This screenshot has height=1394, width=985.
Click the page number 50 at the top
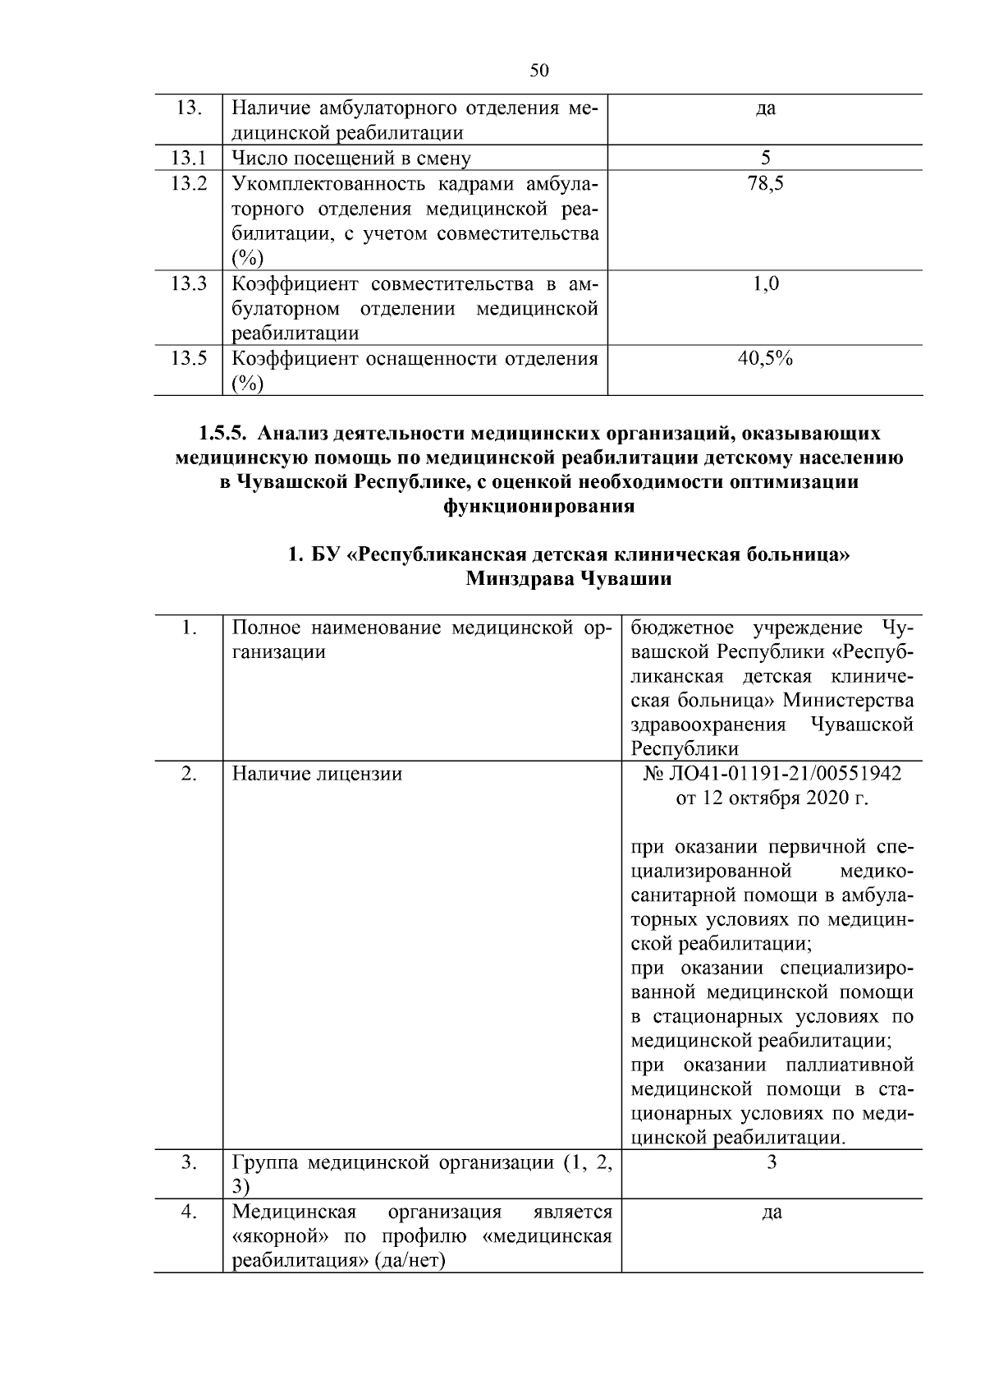(539, 71)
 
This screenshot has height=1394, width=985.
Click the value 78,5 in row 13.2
(765, 184)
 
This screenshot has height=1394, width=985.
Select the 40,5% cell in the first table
(765, 358)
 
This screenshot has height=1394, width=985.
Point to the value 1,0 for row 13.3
(765, 284)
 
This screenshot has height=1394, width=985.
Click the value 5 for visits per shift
(765, 158)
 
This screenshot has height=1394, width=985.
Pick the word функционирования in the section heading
(539, 506)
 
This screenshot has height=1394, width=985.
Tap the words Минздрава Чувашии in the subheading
(568, 579)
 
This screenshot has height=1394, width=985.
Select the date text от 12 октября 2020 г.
(772, 798)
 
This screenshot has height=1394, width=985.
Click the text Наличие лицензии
(317, 774)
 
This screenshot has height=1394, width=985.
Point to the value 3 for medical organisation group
(772, 1162)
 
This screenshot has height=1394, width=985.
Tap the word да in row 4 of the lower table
(772, 1212)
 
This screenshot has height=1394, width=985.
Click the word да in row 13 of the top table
(765, 108)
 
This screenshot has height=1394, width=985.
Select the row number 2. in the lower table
(188, 774)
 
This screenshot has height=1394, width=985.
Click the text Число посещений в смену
(351, 158)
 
